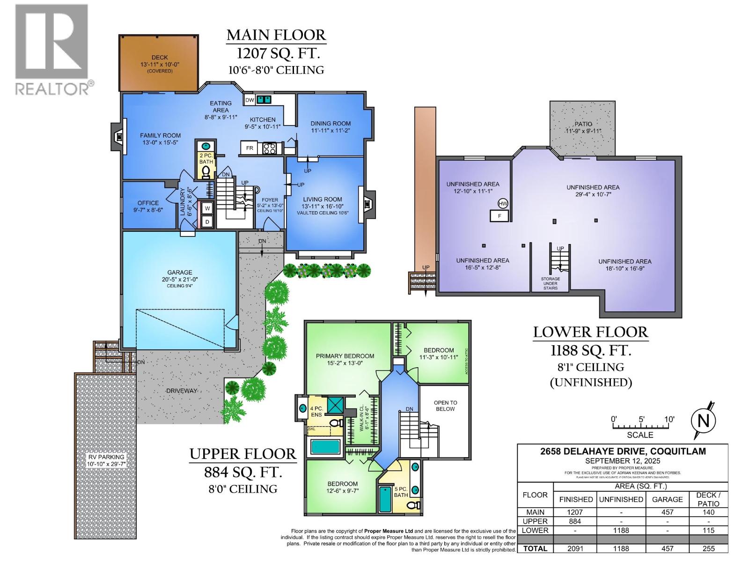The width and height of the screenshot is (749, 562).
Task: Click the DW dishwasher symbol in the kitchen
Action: point(249,100)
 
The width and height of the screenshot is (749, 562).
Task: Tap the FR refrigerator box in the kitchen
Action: point(250,148)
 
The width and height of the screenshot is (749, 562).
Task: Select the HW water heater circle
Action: point(503,203)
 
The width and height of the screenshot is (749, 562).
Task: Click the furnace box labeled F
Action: point(499,216)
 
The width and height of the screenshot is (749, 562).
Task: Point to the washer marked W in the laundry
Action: point(207,207)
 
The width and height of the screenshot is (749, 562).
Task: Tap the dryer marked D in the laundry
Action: point(207,222)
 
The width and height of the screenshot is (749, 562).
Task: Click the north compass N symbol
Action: point(704,420)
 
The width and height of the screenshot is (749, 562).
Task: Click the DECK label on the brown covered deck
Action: point(159,58)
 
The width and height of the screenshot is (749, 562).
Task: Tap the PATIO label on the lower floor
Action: point(583,124)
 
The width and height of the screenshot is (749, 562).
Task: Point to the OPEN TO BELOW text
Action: point(445,406)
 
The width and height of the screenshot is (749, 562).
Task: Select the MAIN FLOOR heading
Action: point(276,35)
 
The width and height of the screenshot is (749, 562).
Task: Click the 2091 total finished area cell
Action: point(575,548)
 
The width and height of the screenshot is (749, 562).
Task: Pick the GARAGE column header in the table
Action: point(667,499)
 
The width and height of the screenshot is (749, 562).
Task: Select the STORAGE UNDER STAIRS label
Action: point(551,283)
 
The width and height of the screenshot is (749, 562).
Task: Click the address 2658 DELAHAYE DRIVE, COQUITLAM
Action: point(623,451)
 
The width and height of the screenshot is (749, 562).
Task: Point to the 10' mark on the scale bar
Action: point(668,419)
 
